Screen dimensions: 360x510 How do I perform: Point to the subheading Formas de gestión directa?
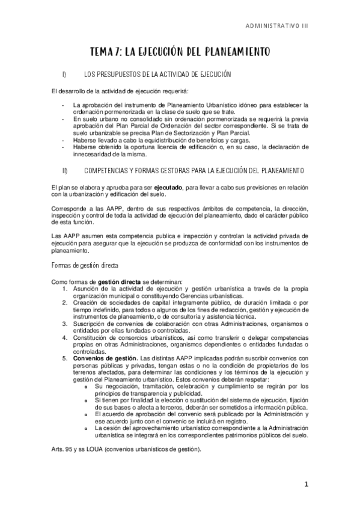point(84,264)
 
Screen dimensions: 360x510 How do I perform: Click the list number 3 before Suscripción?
point(66,324)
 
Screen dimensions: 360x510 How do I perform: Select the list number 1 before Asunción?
point(66,289)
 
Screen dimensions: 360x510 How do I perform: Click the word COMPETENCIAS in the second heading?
point(109,171)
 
